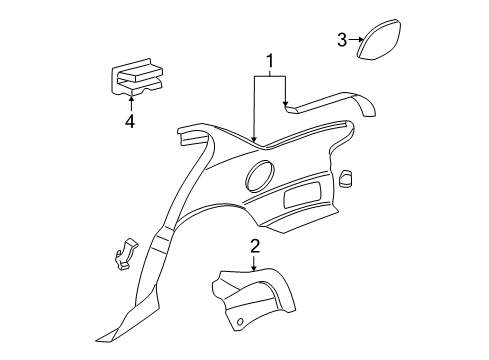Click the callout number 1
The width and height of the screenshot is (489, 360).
[x=268, y=63]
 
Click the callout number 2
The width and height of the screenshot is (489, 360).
[x=254, y=247]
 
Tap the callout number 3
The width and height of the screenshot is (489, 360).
[x=342, y=40]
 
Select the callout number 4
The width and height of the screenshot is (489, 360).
[x=129, y=123]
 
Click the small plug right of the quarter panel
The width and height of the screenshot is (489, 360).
[x=347, y=178]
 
